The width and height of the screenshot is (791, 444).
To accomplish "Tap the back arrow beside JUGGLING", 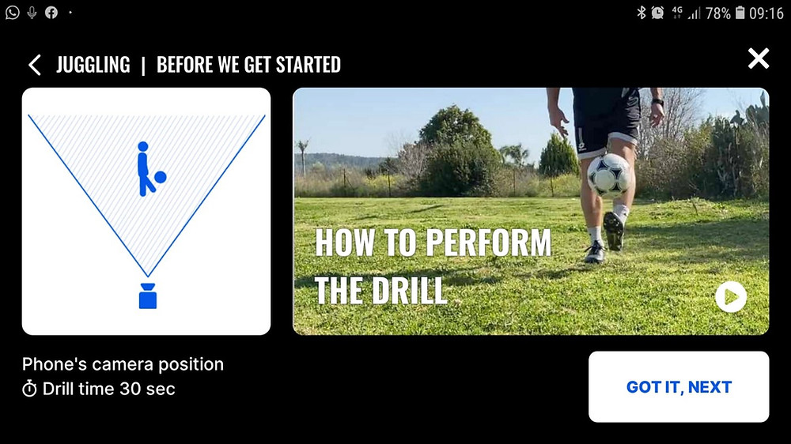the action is point(34,65).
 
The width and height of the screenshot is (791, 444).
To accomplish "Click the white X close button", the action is point(759,58).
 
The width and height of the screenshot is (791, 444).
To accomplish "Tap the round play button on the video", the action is point(730,297).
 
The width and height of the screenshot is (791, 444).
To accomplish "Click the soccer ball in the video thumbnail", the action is point(609,175).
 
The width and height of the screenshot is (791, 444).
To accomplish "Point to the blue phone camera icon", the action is point(148,295).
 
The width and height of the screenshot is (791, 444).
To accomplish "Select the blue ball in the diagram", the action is point(160,177).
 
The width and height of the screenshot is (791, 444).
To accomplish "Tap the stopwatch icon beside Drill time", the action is point(29,389).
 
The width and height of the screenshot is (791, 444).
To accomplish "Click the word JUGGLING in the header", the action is point(93,65).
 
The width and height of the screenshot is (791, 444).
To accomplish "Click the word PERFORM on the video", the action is point(488,243).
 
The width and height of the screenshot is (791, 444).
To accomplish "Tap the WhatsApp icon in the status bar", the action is point(12,12).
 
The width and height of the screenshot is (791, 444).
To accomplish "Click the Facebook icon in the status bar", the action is point(51,12).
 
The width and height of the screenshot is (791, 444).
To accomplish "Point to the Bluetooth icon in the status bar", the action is point(642,12).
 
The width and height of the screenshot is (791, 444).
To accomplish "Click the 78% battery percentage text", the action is point(718,13).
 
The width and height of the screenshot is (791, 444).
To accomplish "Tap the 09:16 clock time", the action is point(766,13).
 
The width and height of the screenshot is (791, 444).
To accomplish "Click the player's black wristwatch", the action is point(657,102).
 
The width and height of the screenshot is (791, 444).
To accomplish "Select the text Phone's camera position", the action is point(123,364).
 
